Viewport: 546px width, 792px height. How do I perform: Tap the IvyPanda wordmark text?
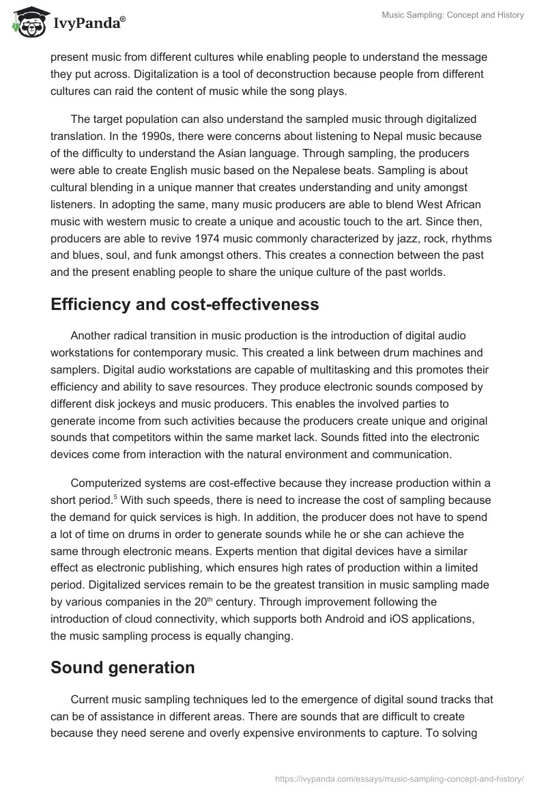[88, 22]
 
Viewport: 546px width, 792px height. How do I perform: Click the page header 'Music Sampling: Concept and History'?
[451, 15]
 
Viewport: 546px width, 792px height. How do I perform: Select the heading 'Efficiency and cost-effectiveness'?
[184, 305]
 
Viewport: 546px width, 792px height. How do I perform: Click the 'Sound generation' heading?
[122, 667]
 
